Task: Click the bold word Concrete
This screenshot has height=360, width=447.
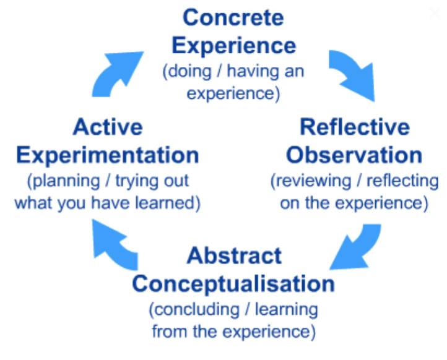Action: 233,18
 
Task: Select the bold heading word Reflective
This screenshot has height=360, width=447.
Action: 355,127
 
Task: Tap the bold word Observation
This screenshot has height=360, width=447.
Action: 354,155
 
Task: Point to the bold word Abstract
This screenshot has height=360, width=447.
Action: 234,255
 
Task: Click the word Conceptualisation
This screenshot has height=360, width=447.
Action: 233,285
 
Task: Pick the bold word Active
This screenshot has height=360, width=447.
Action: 108,127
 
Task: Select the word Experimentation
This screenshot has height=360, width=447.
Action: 108,156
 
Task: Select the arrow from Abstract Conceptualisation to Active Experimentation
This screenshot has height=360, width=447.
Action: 114,246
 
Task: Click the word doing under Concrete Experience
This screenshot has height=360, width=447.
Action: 189,72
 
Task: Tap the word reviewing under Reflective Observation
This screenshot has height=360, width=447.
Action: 314,181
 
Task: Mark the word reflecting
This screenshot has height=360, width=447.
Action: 402,181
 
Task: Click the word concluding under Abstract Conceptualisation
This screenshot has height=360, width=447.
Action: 197,310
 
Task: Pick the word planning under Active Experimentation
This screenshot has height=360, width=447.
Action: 66,181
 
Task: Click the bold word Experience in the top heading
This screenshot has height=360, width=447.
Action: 234,46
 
